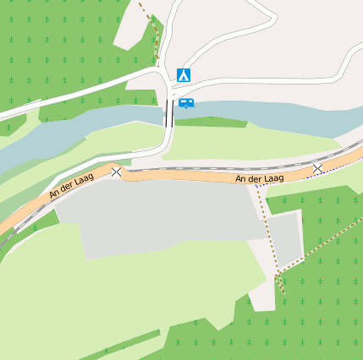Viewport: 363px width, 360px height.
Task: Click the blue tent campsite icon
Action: (184, 74)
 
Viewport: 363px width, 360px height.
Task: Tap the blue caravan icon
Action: (186, 103)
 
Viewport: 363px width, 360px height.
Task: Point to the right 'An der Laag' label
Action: (259, 178)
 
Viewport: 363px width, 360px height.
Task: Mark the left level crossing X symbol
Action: (116, 172)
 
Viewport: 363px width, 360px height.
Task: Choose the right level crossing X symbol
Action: (317, 168)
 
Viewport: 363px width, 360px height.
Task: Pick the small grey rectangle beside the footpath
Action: (288, 237)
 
